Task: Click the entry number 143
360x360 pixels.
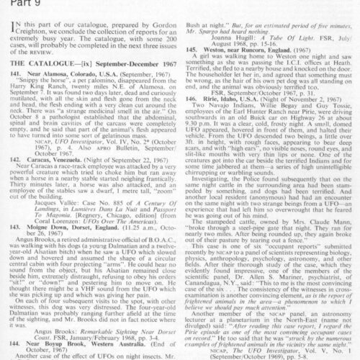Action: click(x=9, y=234)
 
